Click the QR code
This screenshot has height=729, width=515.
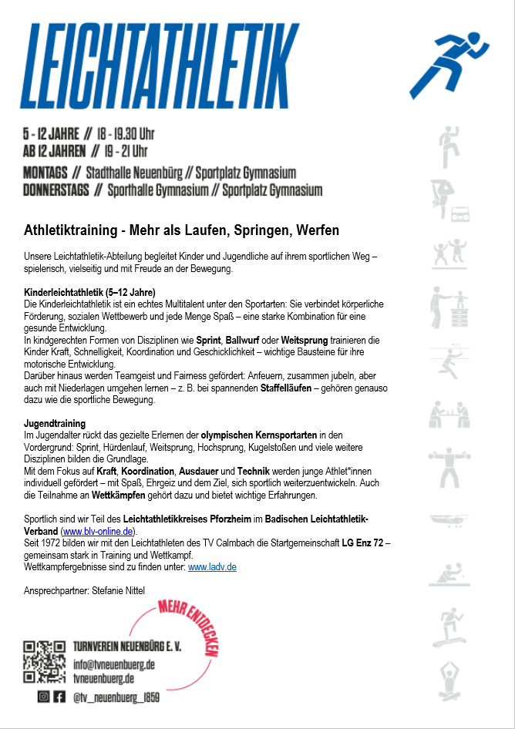tap(44, 662)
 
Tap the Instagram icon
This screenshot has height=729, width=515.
tap(44, 697)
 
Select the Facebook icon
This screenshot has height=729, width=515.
tap(59, 697)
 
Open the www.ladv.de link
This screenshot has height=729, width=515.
tap(212, 566)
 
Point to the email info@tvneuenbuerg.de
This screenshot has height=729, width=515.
tap(114, 663)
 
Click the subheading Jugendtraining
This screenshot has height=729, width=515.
tap(55, 424)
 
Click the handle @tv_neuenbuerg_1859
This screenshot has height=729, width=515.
tap(116, 697)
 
